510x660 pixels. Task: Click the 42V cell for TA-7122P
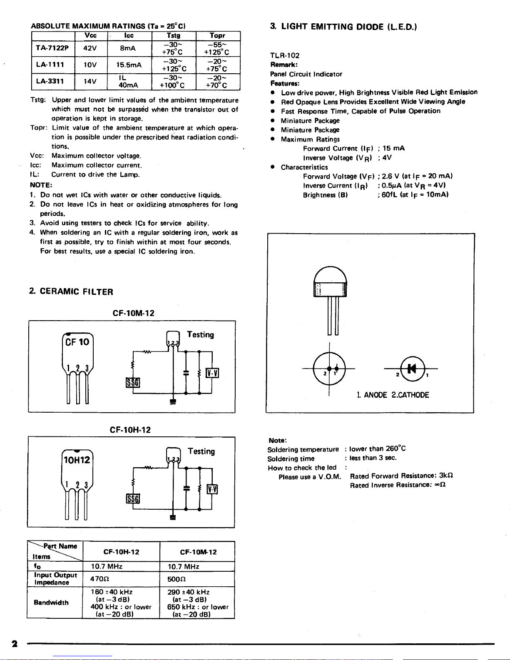[90, 48]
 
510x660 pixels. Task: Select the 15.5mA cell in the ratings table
[129, 65]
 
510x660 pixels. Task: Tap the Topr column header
[217, 35]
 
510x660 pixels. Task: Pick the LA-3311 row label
[50, 81]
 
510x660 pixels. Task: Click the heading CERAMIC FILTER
[77, 291]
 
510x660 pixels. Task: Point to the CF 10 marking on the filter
[77, 342]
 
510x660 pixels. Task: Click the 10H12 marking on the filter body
[77, 460]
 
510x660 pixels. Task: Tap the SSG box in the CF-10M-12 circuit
[133, 383]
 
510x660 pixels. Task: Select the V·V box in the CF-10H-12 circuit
[212, 489]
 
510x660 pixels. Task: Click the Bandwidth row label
[51, 602]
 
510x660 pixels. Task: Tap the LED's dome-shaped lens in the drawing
[330, 274]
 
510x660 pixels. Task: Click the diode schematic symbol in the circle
[413, 369]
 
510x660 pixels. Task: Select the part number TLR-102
[285, 55]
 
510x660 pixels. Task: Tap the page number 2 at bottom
[14, 644]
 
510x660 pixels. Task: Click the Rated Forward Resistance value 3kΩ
[446, 476]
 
